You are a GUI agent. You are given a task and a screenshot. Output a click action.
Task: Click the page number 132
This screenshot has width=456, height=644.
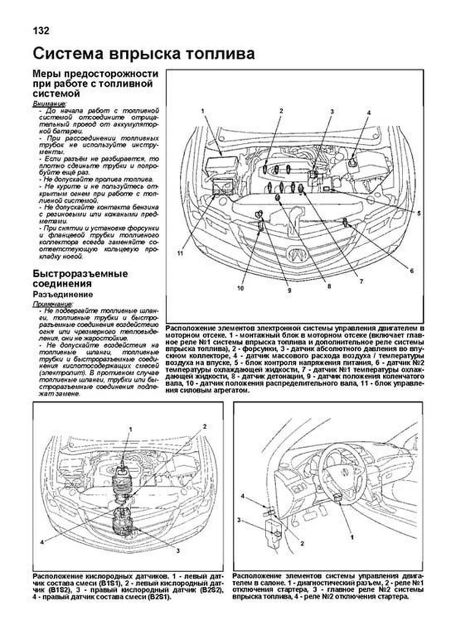click(x=41, y=30)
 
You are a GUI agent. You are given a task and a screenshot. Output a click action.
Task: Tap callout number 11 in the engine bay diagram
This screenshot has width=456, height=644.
click(x=180, y=254)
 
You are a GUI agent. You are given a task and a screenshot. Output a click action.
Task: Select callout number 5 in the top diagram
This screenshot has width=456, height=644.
click(x=418, y=214)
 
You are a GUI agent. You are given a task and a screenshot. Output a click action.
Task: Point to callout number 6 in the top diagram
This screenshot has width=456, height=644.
click(x=412, y=271)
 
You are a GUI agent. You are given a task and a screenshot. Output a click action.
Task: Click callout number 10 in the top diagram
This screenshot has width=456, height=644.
click(x=240, y=288)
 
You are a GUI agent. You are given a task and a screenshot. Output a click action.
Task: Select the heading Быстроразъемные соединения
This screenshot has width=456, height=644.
click(x=80, y=279)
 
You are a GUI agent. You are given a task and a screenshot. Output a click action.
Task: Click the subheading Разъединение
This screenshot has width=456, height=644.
click(x=63, y=294)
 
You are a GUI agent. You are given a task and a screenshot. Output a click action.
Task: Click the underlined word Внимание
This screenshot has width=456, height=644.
click(x=49, y=103)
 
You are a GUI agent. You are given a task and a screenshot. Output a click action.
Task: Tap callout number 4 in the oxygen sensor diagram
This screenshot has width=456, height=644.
click(x=43, y=542)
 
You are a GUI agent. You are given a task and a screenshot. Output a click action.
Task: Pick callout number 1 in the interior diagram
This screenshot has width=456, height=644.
click(x=352, y=537)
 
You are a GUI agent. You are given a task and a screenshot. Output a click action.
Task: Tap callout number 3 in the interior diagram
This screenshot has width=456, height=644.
click(x=239, y=520)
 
